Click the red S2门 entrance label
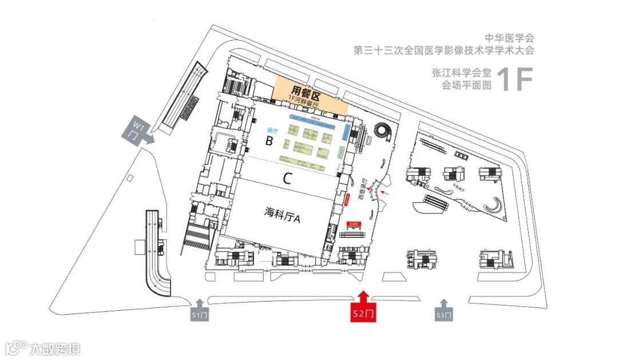pyautogui.click(x=363, y=314)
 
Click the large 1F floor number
pyautogui.click(x=515, y=80)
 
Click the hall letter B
pyautogui.click(x=268, y=141)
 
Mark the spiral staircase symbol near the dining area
pyautogui.click(x=381, y=132)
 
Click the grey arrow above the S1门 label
pyautogui.click(x=200, y=302)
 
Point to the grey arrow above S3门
pyautogui.click(x=444, y=302)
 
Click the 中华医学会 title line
pyautogui.click(x=509, y=38)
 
